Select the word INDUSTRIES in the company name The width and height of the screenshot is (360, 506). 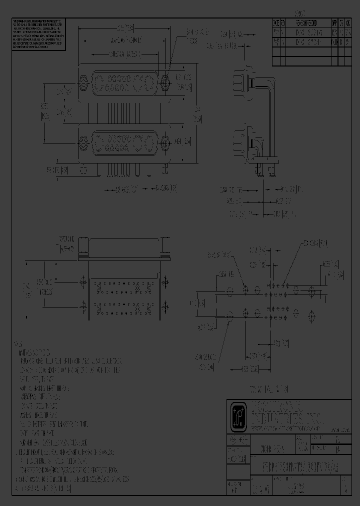[286, 416]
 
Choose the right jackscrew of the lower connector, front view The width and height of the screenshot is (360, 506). [167, 142]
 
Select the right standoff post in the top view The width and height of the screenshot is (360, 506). [166, 247]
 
